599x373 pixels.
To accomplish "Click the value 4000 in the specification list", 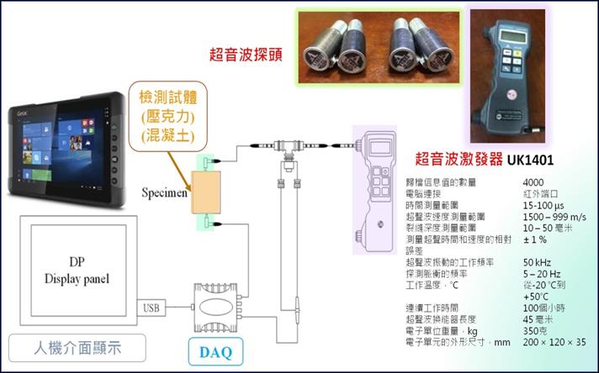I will [533, 182].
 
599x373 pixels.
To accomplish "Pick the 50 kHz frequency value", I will [538, 262].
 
